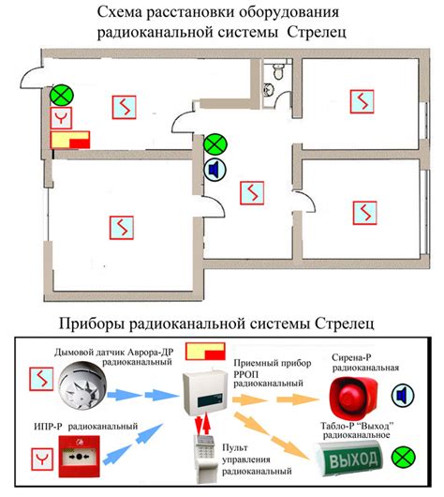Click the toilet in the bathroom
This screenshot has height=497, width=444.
(x=278, y=71)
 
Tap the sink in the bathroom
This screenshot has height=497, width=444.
(x=268, y=89)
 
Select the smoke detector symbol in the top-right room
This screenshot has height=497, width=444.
(x=362, y=102)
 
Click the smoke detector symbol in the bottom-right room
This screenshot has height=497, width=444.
(x=364, y=213)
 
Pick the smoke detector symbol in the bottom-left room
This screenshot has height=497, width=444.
(x=122, y=228)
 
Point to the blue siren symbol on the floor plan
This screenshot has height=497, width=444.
(x=215, y=170)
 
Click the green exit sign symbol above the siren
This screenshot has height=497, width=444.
(x=215, y=145)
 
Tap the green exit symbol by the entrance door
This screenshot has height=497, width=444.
(x=62, y=95)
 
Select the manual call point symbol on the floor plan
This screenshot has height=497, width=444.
(x=61, y=118)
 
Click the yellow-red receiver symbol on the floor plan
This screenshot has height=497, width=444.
(x=70, y=140)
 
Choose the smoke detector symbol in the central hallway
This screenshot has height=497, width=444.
(x=252, y=193)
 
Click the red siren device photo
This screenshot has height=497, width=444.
(x=353, y=397)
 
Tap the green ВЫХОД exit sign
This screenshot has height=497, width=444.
(x=348, y=459)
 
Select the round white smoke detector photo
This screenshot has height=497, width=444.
(x=83, y=385)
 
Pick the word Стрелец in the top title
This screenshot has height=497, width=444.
(x=317, y=32)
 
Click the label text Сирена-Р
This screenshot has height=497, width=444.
(x=351, y=357)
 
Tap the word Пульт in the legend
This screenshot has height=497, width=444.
(x=235, y=447)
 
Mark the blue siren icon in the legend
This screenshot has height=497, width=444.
(x=403, y=395)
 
